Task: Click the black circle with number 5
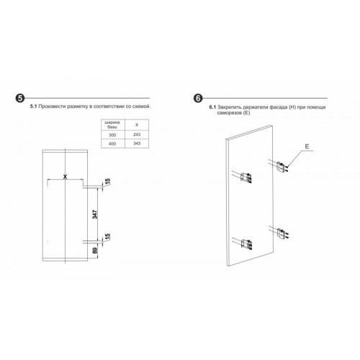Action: click(x=20, y=98)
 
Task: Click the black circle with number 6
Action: click(x=198, y=98)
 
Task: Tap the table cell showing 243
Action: click(x=137, y=135)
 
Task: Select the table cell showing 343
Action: click(x=137, y=143)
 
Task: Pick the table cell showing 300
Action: click(x=112, y=135)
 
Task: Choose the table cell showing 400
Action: click(x=112, y=144)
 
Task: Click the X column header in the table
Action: click(x=137, y=125)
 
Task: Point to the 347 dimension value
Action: click(x=95, y=215)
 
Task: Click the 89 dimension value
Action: click(x=95, y=251)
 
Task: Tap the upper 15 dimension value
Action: click(x=107, y=181)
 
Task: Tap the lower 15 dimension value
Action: click(x=107, y=237)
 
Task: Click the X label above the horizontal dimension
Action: click(x=65, y=176)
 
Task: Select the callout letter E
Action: click(x=307, y=146)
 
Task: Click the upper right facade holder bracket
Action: click(x=282, y=167)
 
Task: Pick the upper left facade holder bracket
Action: click(x=246, y=178)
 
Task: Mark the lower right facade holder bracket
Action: click(x=282, y=233)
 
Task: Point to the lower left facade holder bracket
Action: click(x=246, y=244)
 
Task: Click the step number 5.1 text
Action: click(x=33, y=107)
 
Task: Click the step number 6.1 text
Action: click(x=212, y=107)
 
